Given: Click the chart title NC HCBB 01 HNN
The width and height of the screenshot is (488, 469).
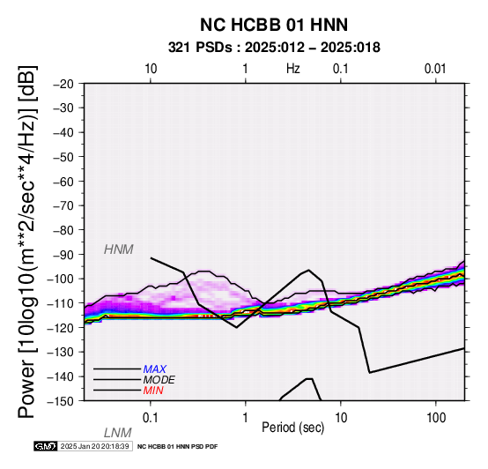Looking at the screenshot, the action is point(274,25).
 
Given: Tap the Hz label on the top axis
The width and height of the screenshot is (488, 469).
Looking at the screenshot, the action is point(293,69).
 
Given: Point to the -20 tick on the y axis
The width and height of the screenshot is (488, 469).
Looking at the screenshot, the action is point(64,84).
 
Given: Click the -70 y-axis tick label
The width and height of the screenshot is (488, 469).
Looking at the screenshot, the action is point(64,205).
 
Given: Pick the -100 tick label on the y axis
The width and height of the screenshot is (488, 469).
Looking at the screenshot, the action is point(61,279).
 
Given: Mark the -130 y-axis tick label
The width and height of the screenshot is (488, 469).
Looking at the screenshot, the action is point(61,353).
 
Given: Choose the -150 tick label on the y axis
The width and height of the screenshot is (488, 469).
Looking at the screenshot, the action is point(61,401).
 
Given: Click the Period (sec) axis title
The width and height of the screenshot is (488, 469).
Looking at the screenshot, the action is point(292,428).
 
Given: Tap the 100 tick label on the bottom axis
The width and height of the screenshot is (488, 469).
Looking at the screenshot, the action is point(436,418).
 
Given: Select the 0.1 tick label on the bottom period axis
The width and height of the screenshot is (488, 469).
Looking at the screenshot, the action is point(151,418).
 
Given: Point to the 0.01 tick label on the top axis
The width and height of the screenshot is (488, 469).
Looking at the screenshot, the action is point(435,69).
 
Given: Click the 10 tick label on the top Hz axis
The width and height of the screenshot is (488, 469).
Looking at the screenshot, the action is point(151,69).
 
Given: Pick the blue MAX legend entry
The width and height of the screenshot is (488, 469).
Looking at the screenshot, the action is point(154,369).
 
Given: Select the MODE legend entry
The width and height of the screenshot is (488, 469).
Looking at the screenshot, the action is point(159,380).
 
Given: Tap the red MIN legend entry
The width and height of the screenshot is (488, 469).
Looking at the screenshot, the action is point(153,391).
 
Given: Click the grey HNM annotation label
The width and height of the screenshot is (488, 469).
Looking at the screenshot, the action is point(119,249).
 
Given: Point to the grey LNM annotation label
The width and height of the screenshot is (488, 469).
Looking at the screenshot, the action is point(118,433).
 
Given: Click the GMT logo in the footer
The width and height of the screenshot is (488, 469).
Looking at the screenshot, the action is point(45,446).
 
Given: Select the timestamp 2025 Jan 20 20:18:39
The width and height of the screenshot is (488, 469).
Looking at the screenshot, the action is point(94,446).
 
